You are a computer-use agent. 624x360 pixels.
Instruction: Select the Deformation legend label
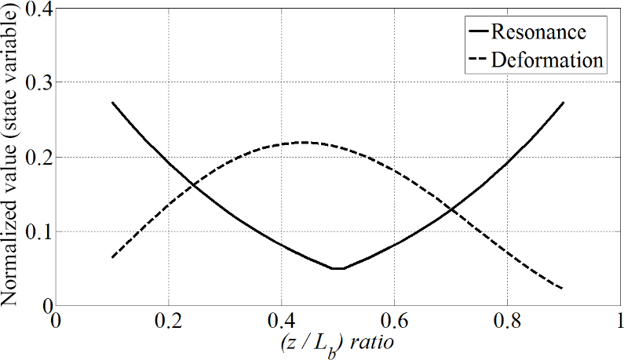(x=546, y=59)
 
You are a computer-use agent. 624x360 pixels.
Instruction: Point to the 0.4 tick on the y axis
(x=36, y=9)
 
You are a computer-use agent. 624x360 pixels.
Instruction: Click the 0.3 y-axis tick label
(x=36, y=83)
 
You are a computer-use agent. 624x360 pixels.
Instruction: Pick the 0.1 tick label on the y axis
(x=36, y=232)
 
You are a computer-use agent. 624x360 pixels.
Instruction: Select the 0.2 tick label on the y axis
(x=36, y=158)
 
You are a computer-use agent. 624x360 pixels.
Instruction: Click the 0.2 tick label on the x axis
(x=168, y=322)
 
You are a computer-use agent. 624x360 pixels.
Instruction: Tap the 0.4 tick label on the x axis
(x=281, y=322)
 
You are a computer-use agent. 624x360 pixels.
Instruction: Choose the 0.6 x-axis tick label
(x=394, y=322)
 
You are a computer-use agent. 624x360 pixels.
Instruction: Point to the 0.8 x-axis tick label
(x=507, y=322)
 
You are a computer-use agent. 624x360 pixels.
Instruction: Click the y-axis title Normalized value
(x=13, y=157)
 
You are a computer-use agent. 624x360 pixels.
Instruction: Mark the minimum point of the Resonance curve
(x=338, y=269)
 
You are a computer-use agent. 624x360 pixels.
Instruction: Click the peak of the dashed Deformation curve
(x=303, y=142)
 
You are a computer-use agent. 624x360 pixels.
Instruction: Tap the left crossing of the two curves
(x=193, y=186)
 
